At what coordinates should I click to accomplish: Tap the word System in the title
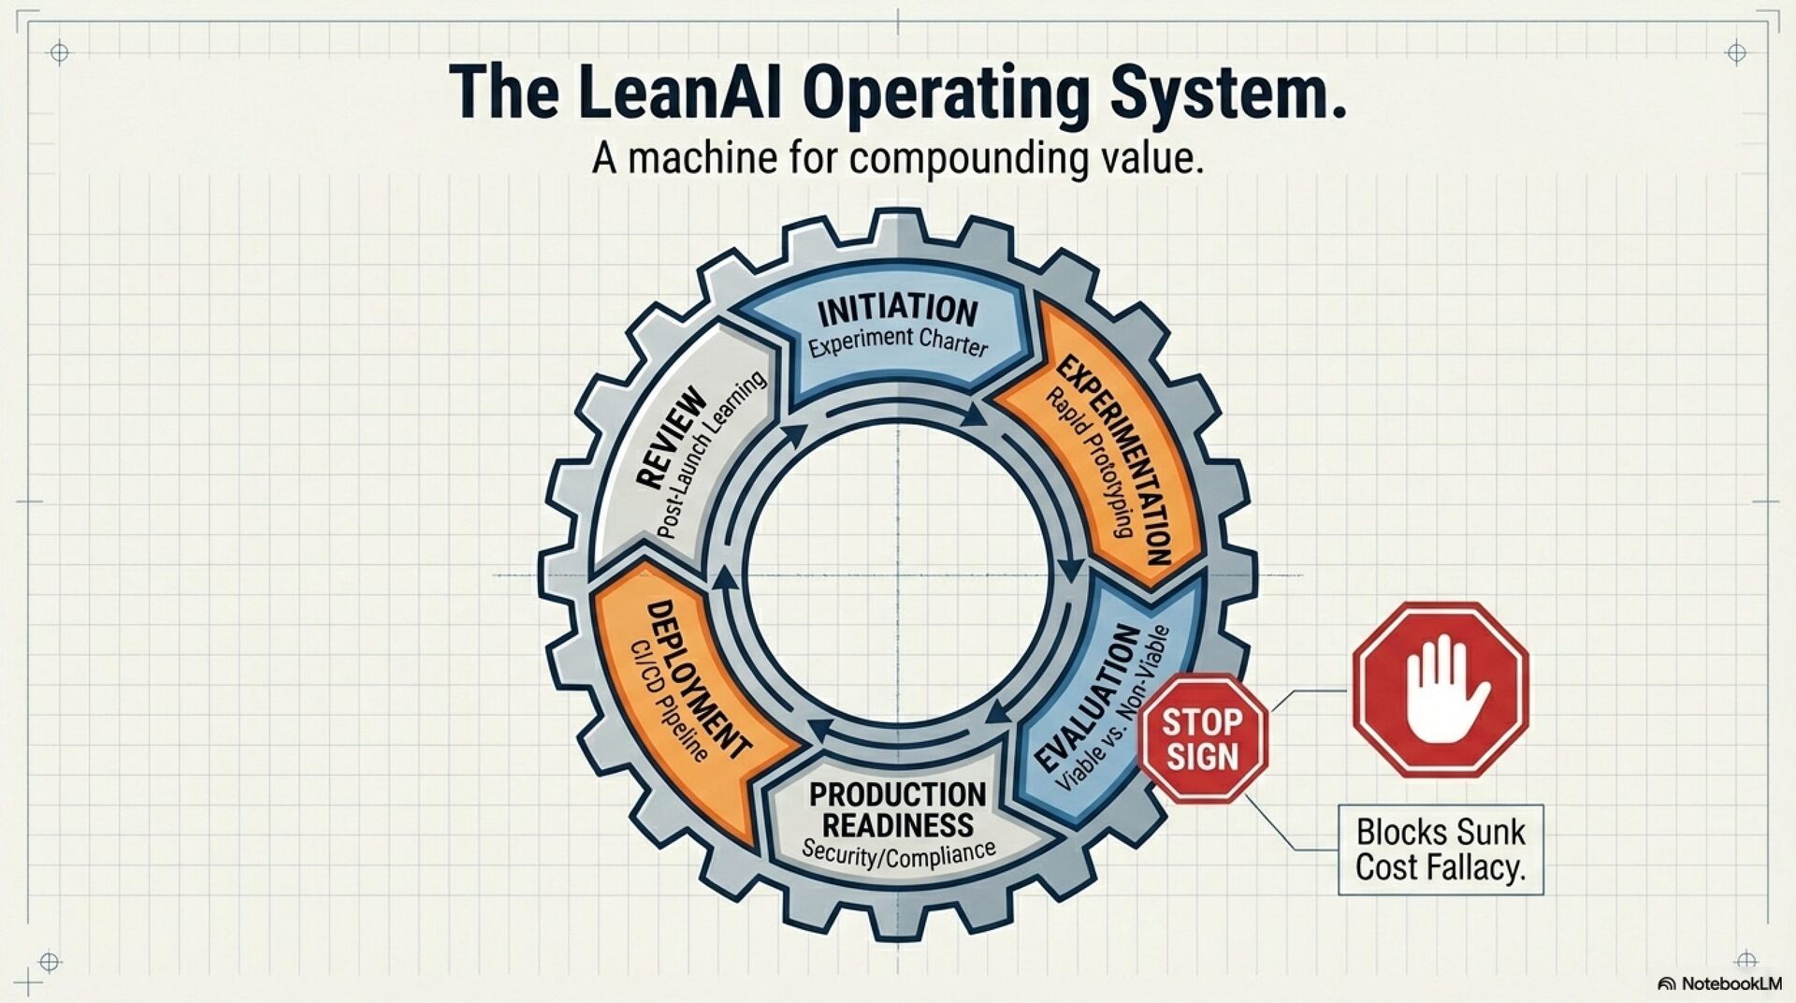pyautogui.click(x=1226, y=94)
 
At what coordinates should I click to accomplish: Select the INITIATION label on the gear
pyautogui.click(x=897, y=310)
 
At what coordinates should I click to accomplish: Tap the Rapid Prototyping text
pyautogui.click(x=1090, y=463)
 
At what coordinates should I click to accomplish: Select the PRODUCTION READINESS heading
pyautogui.click(x=897, y=809)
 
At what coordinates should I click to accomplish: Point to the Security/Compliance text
pyautogui.click(x=898, y=852)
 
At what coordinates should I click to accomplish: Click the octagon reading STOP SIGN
pyautogui.click(x=1203, y=738)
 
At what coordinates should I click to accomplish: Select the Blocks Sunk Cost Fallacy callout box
pyautogui.click(x=1440, y=850)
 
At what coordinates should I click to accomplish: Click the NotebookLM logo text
pyautogui.click(x=1731, y=983)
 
